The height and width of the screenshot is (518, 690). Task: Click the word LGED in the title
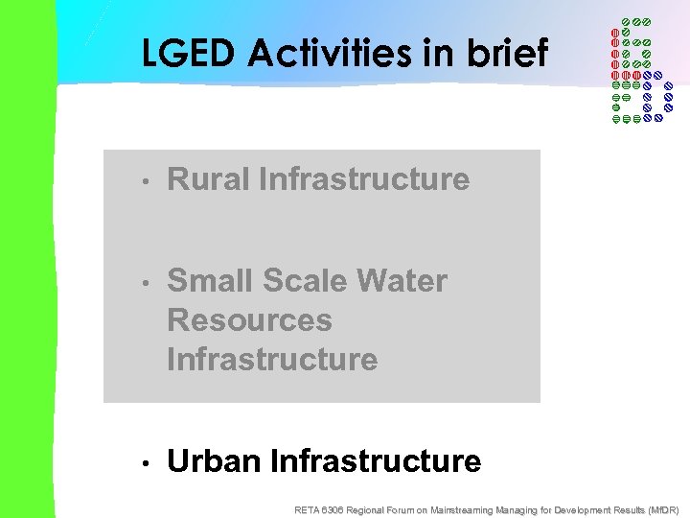click(x=188, y=54)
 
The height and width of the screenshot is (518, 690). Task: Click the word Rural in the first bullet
click(x=208, y=179)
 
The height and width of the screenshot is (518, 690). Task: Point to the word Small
click(x=208, y=281)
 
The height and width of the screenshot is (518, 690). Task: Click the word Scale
click(x=302, y=281)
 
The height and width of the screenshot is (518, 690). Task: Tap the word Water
click(x=402, y=281)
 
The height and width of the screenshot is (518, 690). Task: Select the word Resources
click(x=249, y=320)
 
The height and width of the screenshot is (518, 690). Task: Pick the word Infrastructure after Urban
click(x=376, y=461)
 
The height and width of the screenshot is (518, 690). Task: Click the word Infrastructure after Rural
click(x=364, y=179)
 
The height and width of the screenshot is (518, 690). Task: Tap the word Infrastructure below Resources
click(x=272, y=360)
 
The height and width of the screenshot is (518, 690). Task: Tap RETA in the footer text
click(x=309, y=509)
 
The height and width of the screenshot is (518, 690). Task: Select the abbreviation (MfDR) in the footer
click(x=663, y=509)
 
